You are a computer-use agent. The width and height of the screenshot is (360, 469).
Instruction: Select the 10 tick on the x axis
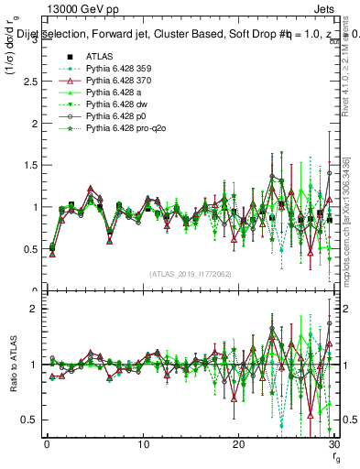point(142,444)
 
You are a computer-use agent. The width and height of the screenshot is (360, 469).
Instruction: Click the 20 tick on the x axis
point(238,444)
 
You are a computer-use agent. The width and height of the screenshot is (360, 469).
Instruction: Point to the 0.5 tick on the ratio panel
point(30,420)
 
